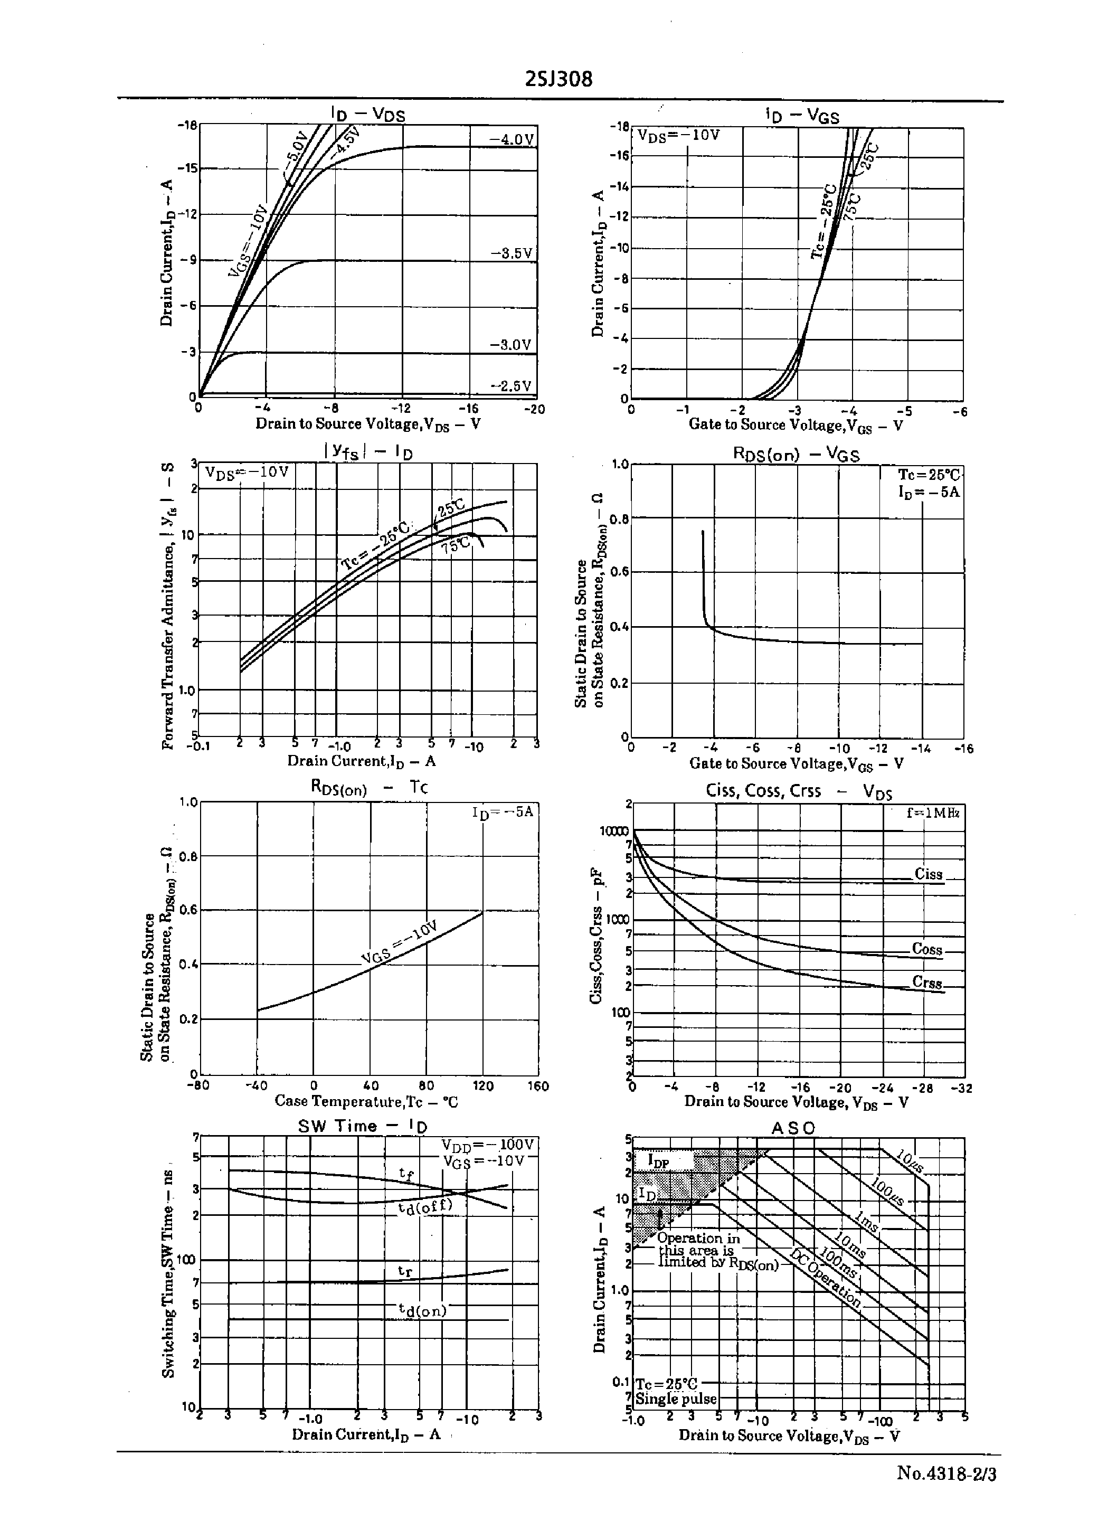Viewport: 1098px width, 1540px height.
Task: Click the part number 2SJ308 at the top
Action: tap(559, 80)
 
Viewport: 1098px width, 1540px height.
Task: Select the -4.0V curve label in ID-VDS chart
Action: tap(511, 139)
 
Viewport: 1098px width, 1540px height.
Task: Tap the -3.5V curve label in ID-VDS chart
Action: tap(511, 253)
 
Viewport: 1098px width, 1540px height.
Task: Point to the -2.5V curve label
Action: tap(511, 386)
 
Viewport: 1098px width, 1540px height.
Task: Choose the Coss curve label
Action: tap(926, 949)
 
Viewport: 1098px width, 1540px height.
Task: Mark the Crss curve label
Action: tap(926, 982)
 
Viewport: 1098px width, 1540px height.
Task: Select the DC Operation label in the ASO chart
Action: tap(826, 1278)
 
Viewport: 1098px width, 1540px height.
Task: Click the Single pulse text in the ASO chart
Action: tap(676, 1399)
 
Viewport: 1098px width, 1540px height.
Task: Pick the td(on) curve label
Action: tap(422, 1311)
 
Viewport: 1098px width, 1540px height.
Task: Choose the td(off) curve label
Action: tap(424, 1207)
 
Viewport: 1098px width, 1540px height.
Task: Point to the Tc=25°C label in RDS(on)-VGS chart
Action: tap(929, 475)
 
